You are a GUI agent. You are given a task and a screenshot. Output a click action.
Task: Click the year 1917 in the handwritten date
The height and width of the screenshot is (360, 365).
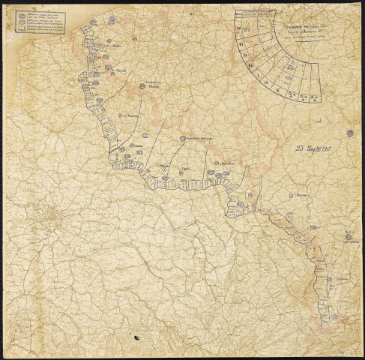[x=322, y=148]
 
